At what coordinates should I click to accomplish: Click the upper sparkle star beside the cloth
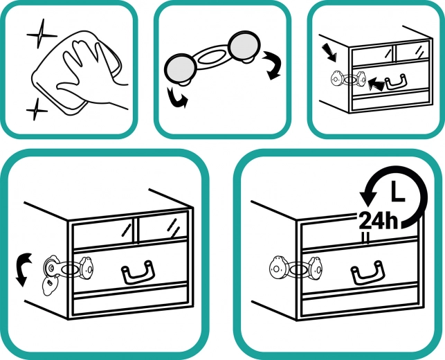tap(41, 35)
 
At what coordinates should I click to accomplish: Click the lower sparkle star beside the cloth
tap(36, 109)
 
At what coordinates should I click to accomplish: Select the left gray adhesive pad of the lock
tap(180, 69)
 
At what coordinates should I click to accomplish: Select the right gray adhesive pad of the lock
tap(244, 46)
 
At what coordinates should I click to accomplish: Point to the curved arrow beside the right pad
tap(273, 65)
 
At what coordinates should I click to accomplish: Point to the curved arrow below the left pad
tap(176, 98)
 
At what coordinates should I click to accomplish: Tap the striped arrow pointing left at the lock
tap(376, 84)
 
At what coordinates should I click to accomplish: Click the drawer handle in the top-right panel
tap(396, 81)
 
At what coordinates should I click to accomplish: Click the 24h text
tap(379, 221)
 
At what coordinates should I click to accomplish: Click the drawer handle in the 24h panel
tap(367, 273)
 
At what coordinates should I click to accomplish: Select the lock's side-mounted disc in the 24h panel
tap(278, 269)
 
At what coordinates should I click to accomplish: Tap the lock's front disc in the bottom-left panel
tap(87, 268)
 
